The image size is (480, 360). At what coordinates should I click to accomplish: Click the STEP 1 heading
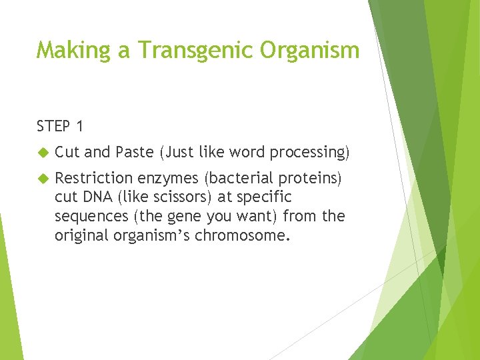pos(61,125)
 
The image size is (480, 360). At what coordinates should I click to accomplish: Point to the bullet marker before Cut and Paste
pos(42,153)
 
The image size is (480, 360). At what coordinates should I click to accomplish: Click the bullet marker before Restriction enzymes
pos(42,179)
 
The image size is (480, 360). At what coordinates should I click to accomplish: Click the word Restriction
pos(94,178)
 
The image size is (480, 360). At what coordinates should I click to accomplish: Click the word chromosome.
pos(243,235)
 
